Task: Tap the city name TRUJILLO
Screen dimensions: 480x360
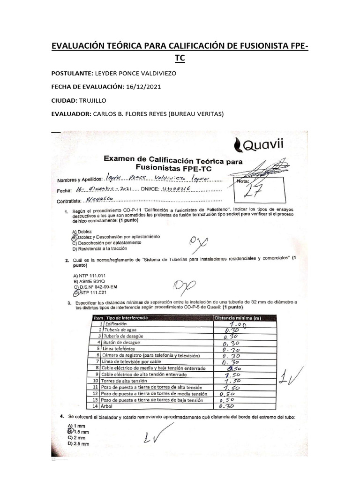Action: (93, 100)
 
